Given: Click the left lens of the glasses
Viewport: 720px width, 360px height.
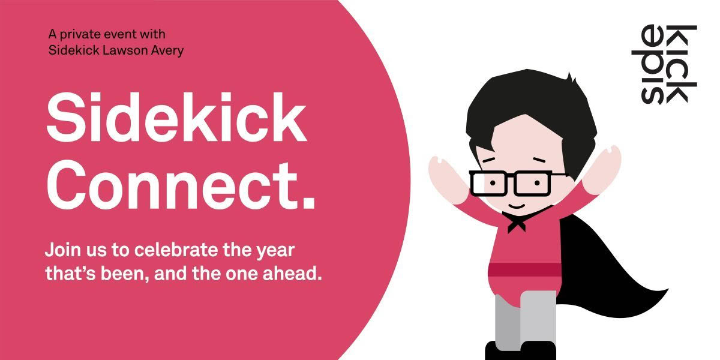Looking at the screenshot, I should click(490, 184).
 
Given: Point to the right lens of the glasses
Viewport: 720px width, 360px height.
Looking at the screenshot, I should click(533, 182).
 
